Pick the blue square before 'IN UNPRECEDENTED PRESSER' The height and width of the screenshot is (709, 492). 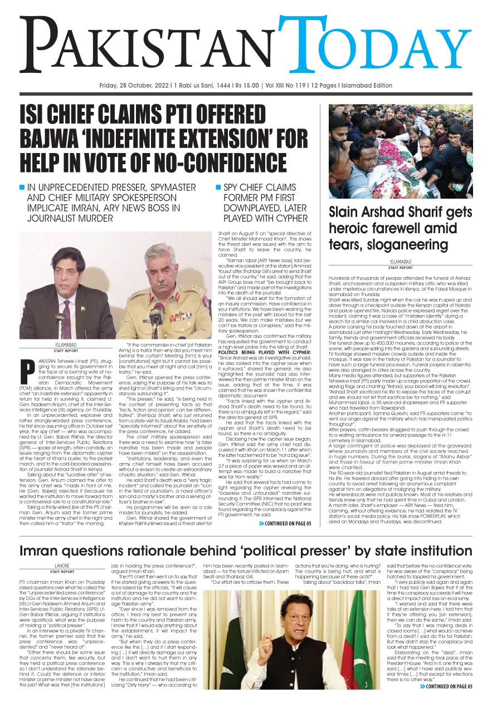click(x=22, y=187)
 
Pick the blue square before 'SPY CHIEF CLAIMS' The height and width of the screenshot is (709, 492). click(x=218, y=187)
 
